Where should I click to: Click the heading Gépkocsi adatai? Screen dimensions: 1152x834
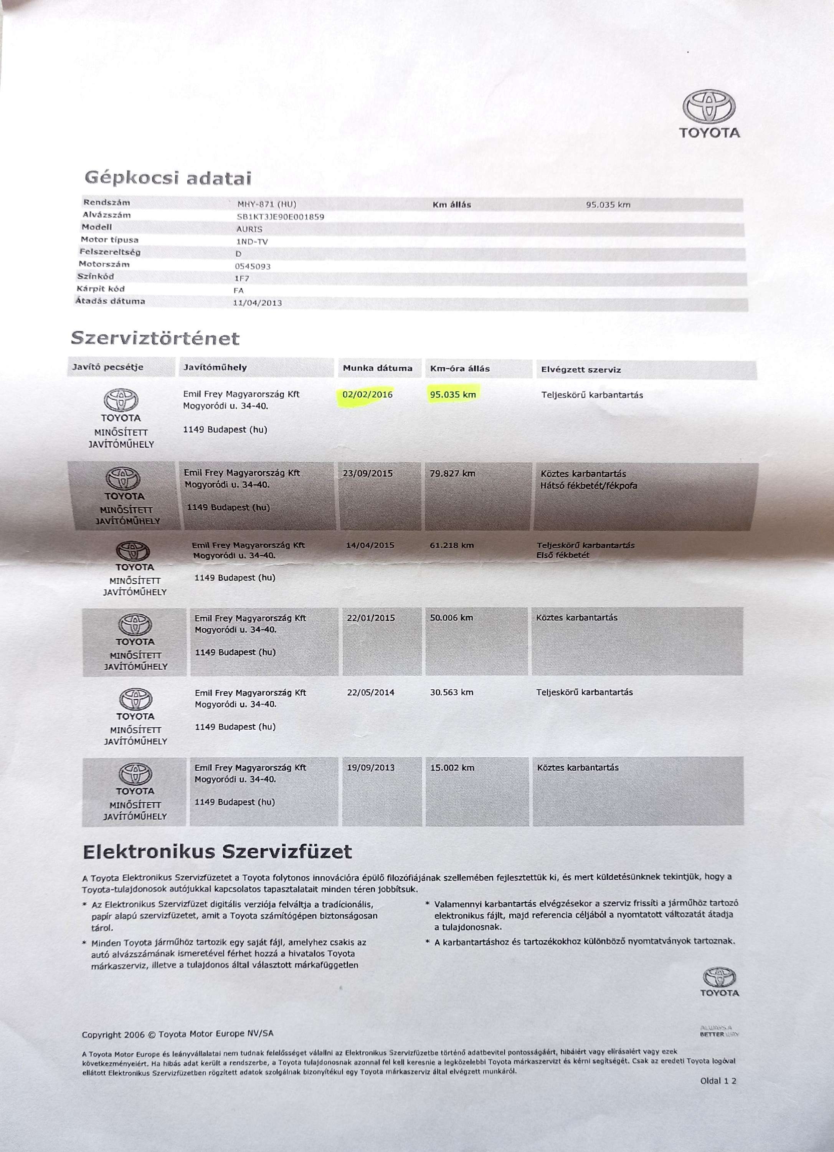coord(168,178)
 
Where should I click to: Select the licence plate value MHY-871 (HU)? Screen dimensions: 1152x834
coord(266,205)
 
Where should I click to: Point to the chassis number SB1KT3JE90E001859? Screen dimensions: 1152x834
coord(280,217)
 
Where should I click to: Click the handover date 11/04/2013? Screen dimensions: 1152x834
coord(257,303)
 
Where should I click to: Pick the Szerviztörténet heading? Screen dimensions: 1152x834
coord(155,338)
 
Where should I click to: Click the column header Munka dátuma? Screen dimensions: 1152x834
coord(377,368)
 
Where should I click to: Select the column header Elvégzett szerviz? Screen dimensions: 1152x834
coord(581,370)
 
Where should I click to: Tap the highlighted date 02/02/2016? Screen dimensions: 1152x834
coord(368,395)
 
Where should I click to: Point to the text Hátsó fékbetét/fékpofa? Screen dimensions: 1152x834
coord(588,486)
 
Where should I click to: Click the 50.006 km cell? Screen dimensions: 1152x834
coord(451,618)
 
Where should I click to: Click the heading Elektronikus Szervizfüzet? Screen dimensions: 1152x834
coord(217,852)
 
